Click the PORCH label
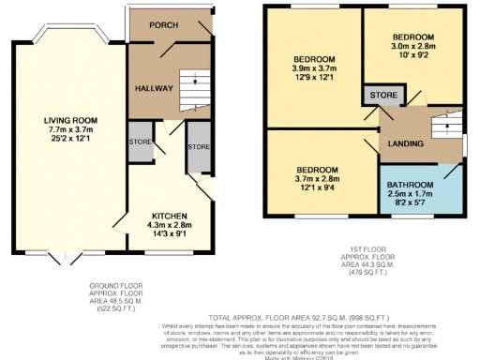(x=165, y=25)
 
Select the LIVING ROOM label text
(x=70, y=120)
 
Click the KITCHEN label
(x=170, y=215)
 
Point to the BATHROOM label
(x=412, y=184)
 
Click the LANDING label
(x=406, y=143)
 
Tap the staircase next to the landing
(x=445, y=127)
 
